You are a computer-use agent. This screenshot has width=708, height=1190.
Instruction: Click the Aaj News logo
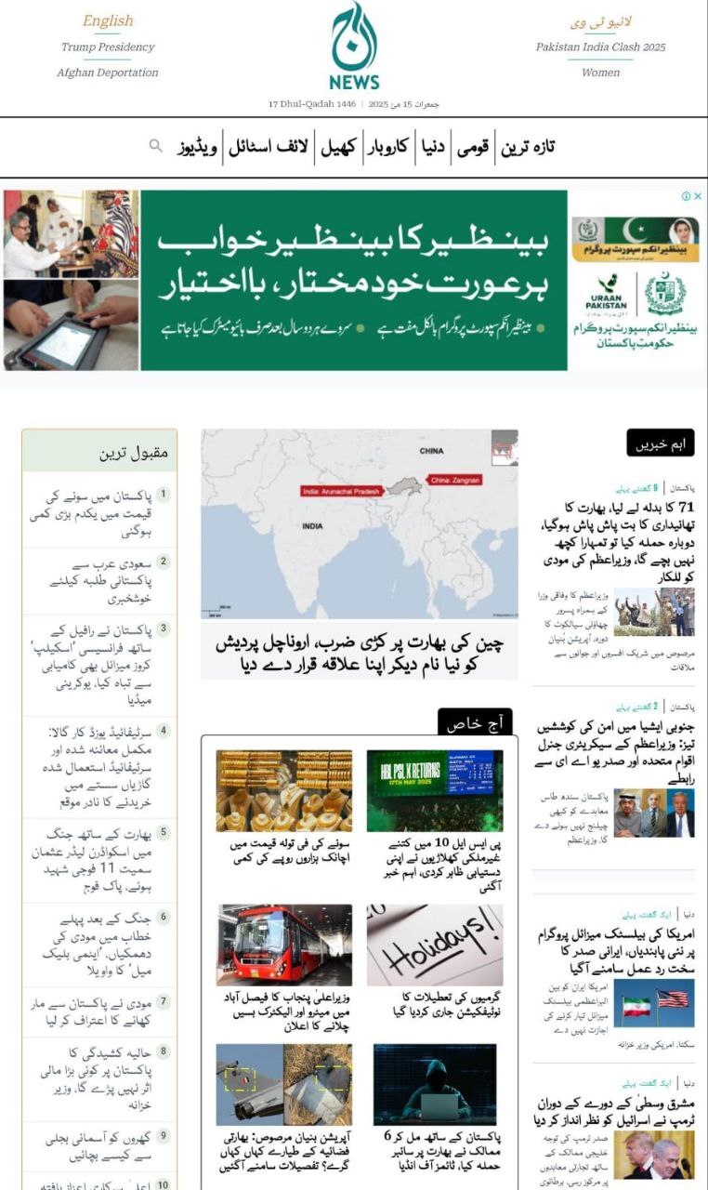[354, 46]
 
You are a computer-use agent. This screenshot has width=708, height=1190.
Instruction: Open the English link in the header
[108, 20]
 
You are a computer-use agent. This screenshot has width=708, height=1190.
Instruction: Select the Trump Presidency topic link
[108, 46]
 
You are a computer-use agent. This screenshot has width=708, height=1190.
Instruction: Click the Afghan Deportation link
[108, 73]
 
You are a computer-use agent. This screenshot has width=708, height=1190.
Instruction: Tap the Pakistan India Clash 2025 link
[600, 46]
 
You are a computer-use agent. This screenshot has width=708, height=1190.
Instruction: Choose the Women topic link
[600, 73]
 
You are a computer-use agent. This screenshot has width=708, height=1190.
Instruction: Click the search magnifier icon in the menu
[156, 146]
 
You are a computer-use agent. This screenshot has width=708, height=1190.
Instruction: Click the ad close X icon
[697, 196]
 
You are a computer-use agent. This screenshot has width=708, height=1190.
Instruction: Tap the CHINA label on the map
[431, 451]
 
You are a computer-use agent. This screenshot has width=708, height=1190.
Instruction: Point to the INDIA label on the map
[312, 526]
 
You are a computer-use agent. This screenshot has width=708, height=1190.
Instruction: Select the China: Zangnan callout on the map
[455, 480]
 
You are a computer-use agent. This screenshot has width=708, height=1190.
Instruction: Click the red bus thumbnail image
[284, 945]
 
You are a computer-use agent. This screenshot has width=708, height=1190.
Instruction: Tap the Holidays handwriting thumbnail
[434, 945]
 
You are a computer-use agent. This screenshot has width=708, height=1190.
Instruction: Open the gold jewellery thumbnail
[284, 790]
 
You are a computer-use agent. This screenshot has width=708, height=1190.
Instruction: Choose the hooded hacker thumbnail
[434, 1084]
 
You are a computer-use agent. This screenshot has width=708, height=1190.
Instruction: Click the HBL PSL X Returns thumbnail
[434, 790]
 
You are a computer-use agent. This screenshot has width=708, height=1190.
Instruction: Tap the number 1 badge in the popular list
[164, 495]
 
